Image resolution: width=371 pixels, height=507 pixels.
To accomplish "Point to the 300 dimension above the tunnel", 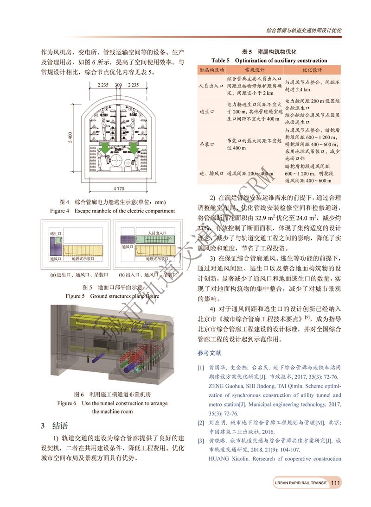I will pos(118,85).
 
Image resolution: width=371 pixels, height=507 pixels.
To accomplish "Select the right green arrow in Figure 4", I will pos(134,147).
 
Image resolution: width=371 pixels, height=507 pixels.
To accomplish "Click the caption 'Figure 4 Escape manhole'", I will pos(112,211).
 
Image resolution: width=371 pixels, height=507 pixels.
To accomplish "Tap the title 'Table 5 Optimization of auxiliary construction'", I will pos(269,61).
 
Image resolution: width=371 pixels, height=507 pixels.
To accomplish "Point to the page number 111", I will pos(336,483).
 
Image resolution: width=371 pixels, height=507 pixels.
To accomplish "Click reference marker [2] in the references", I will pos(201,423).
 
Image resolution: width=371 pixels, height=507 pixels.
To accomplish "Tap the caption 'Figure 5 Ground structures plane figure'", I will pos(112,296).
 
